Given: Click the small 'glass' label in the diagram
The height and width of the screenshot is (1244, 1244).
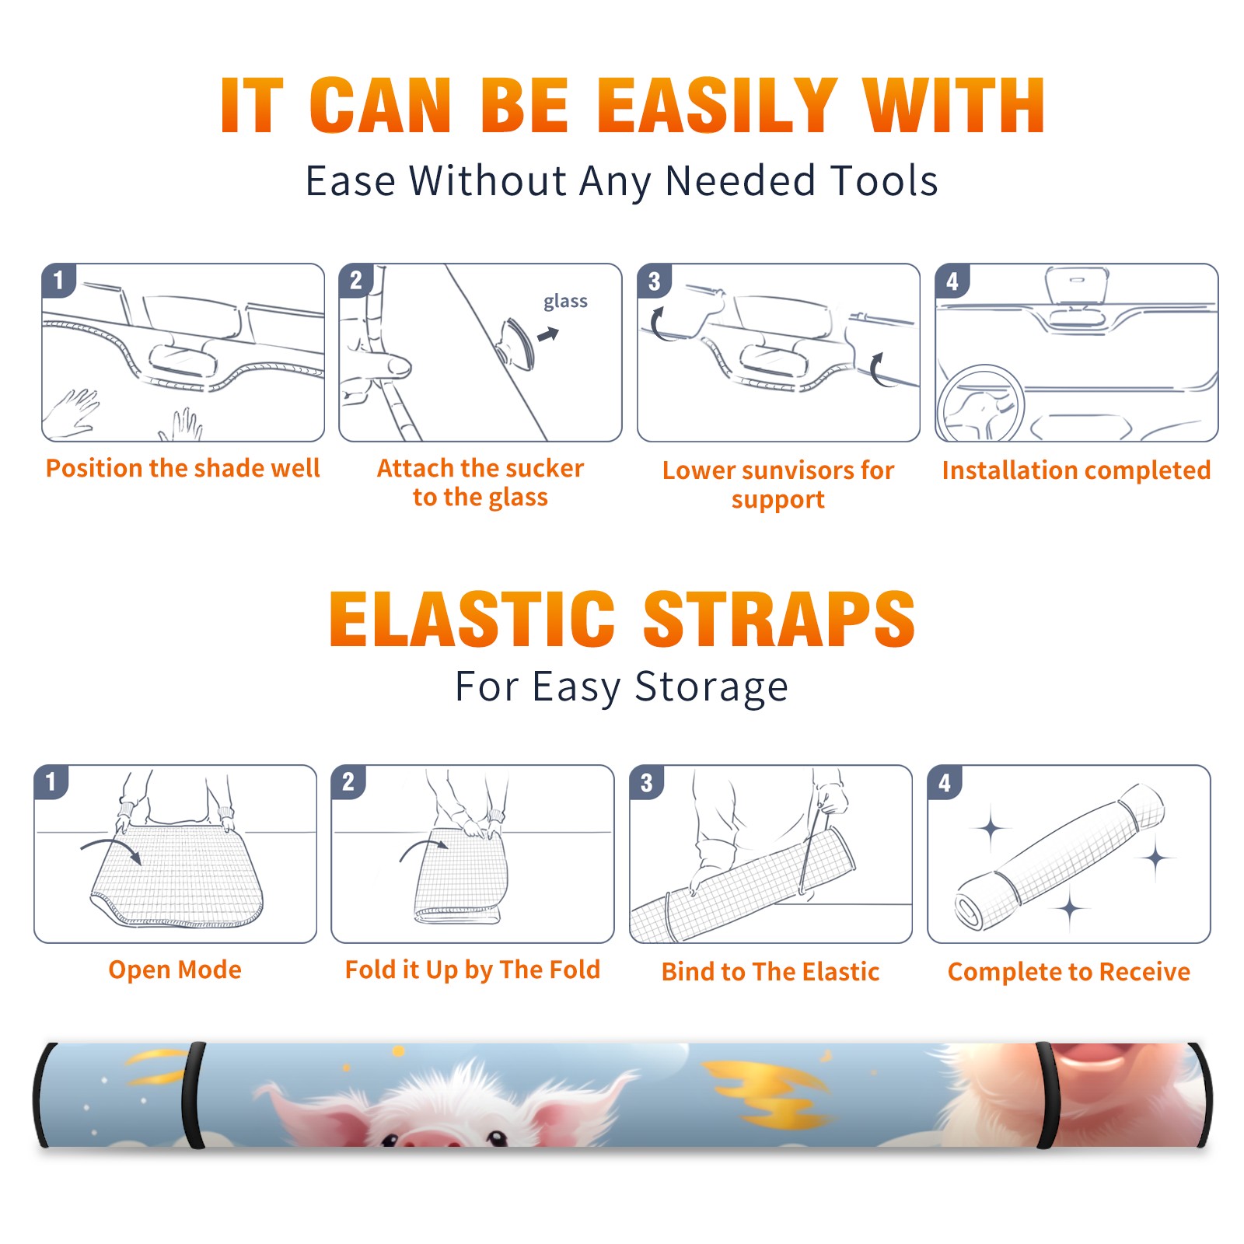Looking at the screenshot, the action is pos(565,301).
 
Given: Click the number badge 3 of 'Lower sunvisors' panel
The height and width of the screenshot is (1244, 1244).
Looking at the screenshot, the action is pos(654,281).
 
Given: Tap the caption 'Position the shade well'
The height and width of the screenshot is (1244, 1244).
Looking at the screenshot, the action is pos(183,468).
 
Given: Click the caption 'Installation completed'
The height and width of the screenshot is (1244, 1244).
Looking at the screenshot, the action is pos(1076,470).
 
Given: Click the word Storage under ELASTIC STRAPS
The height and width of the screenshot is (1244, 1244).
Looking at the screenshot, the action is pos(711,687).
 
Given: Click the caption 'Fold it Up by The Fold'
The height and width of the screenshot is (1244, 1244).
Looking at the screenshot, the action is pos(473,970).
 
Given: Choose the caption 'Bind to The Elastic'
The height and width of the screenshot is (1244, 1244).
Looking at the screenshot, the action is pos(771,972).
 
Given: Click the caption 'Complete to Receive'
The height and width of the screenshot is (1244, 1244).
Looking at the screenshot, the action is pos(1069,972).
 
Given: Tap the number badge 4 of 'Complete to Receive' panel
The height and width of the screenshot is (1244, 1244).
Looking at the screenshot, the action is pos(945,782).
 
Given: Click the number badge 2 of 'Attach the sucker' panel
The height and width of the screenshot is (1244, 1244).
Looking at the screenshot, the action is pos(355,281).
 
